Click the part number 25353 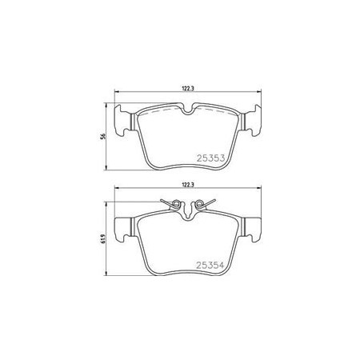tap(210, 158)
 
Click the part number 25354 tap(210, 265)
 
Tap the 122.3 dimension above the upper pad tap(187, 89)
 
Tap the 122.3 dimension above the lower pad tap(187, 184)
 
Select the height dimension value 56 tap(103, 136)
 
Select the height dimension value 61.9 tap(103, 238)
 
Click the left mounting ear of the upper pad tap(123, 121)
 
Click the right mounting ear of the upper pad tap(252, 121)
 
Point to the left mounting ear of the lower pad tap(123, 230)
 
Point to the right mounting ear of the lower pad tap(252, 230)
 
